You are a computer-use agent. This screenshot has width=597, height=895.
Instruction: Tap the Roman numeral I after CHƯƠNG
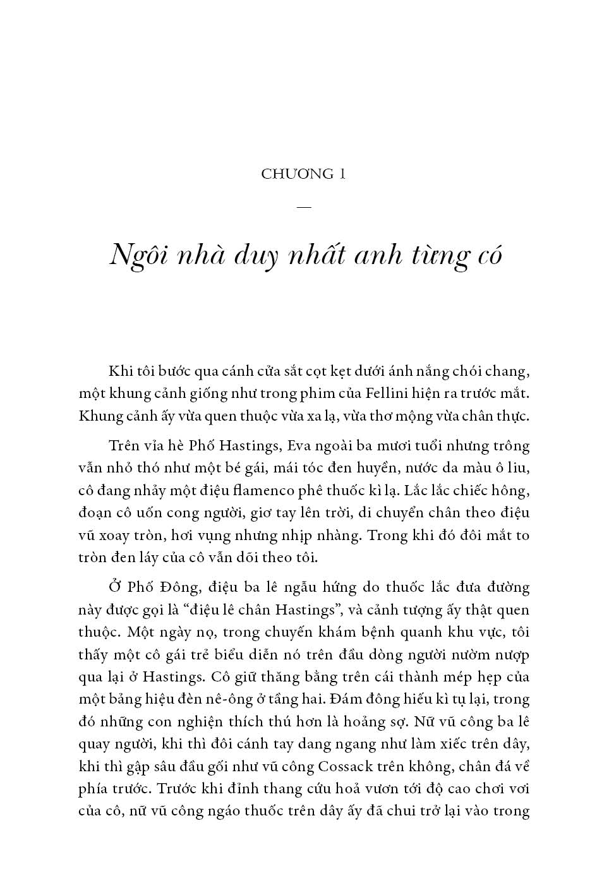[x=342, y=174]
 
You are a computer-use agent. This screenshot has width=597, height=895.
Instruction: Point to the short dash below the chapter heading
[x=303, y=207]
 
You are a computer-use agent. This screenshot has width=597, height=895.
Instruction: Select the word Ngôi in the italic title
[x=135, y=255]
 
